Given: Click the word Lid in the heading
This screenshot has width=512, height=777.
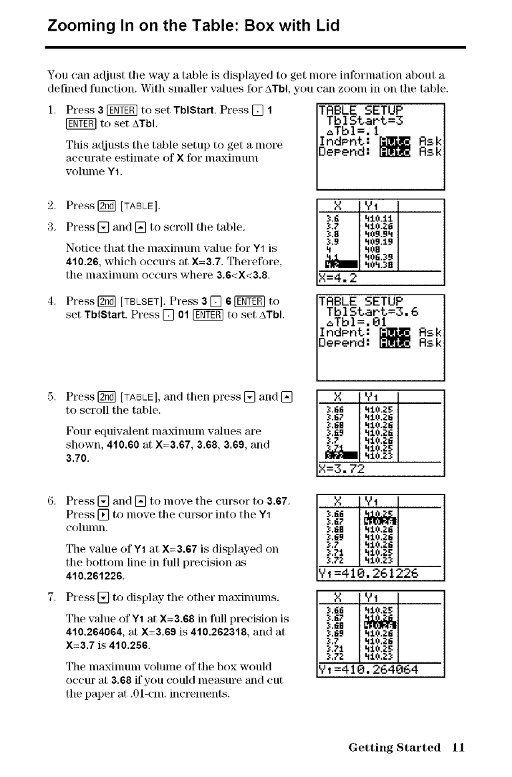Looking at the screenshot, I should pyautogui.click(x=327, y=27).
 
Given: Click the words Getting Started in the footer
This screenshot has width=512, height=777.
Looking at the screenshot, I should pyautogui.click(x=394, y=747).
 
